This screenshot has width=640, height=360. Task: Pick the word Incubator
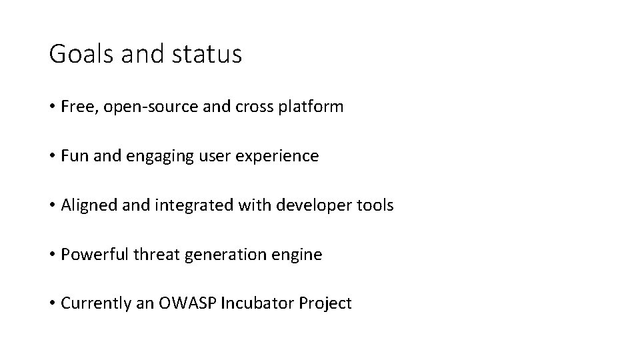[255, 304]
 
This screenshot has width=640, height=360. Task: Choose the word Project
[325, 304]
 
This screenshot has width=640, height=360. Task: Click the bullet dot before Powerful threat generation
[52, 255]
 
